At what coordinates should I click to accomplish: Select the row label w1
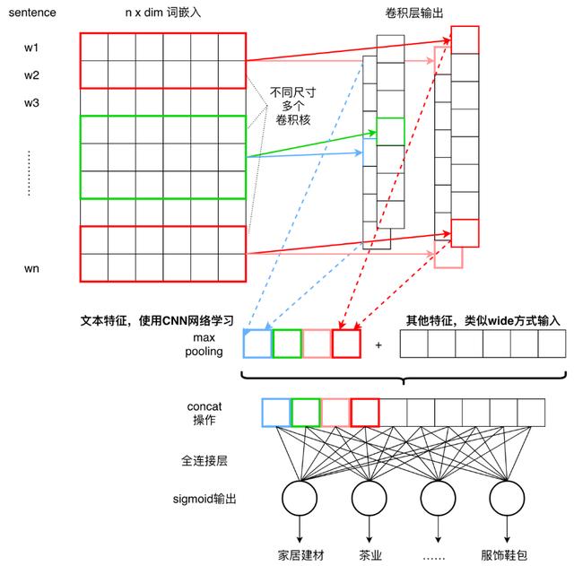(32, 47)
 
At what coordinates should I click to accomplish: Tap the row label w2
(32, 74)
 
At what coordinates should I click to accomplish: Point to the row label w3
(32, 102)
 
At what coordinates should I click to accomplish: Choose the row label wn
(32, 268)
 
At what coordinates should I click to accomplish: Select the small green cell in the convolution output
(390, 131)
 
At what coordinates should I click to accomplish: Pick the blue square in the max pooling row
(257, 344)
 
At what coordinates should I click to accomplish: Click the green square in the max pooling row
(286, 344)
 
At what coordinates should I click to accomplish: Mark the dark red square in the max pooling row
(345, 344)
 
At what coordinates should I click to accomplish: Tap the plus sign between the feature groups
(378, 344)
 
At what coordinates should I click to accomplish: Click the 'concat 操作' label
(207, 413)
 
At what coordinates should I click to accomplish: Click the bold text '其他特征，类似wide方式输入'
(482, 320)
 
